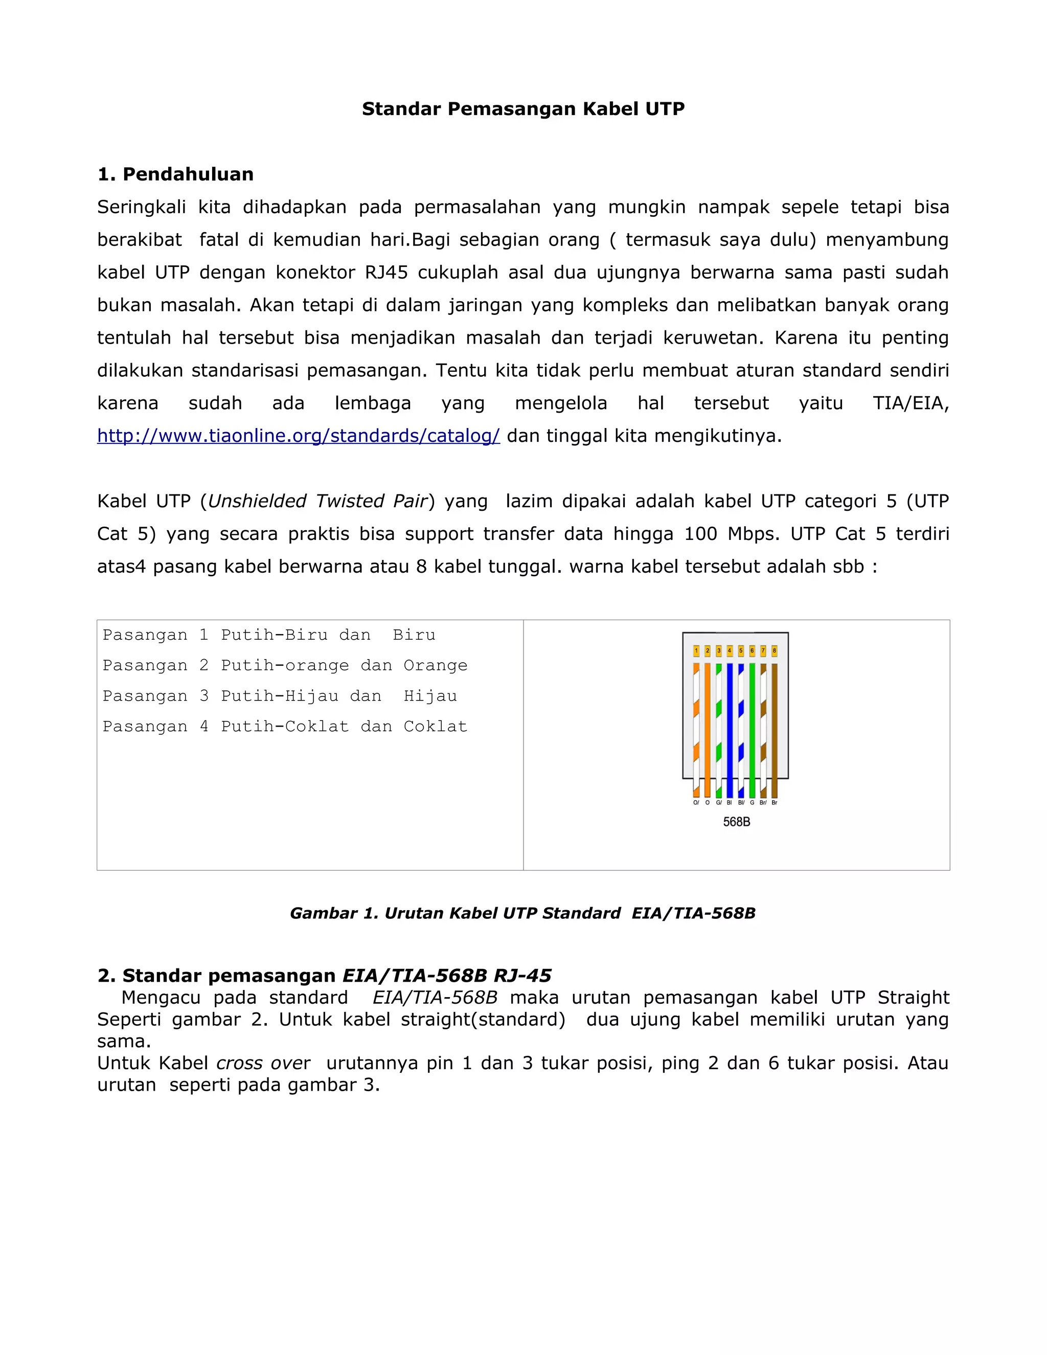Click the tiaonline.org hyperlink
point(299,436)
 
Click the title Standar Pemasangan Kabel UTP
point(523,109)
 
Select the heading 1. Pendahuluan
point(175,174)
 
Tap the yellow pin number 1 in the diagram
point(696,651)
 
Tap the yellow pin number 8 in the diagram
point(774,651)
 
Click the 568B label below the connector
point(736,822)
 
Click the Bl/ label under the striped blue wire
point(741,803)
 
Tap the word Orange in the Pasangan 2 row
point(435,666)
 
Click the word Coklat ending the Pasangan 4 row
point(435,727)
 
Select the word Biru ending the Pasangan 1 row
point(414,635)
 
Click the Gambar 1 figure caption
point(522,913)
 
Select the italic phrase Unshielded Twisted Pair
point(317,501)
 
